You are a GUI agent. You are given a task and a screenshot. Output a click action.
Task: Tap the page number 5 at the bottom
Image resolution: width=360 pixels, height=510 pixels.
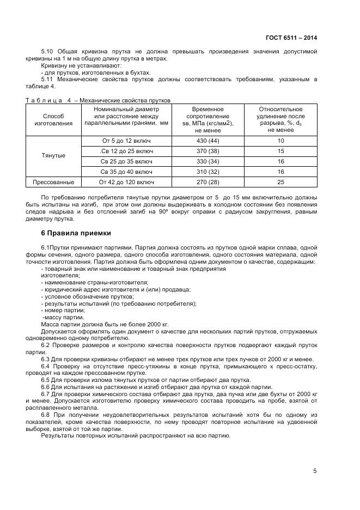click(x=315, y=471)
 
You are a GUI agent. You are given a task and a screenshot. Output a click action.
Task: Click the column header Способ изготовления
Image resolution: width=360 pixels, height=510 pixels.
click(x=53, y=120)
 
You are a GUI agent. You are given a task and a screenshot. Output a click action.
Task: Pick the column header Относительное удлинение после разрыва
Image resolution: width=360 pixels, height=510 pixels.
click(x=280, y=117)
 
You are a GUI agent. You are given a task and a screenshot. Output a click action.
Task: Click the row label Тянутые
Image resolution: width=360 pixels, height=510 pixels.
click(x=53, y=156)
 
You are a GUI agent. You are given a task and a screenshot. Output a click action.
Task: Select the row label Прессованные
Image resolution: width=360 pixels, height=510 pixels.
click(x=53, y=182)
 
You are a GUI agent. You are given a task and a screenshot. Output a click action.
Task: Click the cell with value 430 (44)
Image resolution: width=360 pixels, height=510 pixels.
click(x=203, y=141)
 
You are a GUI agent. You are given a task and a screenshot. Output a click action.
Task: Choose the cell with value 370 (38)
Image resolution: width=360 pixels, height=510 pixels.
click(x=203, y=151)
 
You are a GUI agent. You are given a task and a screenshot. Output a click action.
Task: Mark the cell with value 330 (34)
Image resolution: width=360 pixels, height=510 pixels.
click(x=203, y=161)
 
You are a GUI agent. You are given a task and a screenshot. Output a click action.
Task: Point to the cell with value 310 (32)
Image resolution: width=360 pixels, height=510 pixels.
click(x=203, y=172)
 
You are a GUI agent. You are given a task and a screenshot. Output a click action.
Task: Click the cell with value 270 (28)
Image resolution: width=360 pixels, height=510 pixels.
click(x=203, y=182)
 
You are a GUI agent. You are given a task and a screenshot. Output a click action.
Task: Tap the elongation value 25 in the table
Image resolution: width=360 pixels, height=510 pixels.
click(x=280, y=182)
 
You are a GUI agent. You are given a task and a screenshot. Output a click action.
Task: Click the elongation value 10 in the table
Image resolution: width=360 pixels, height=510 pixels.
click(x=280, y=141)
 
